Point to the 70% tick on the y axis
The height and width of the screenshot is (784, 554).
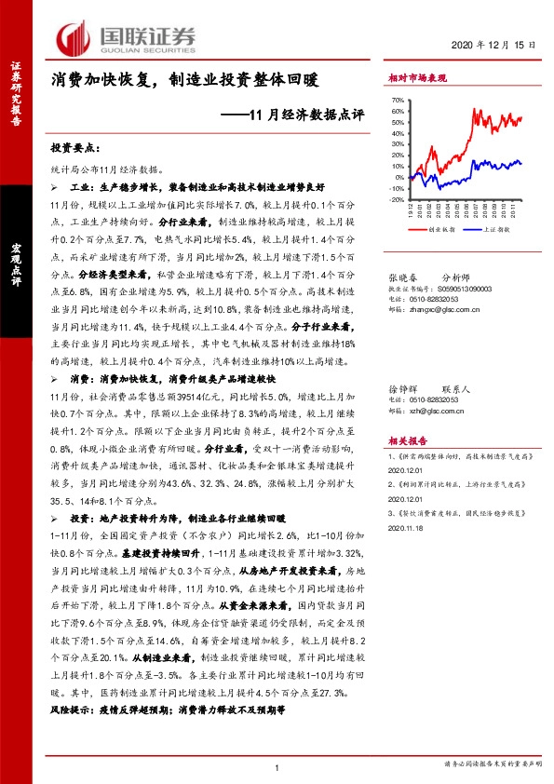tap(397, 100)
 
